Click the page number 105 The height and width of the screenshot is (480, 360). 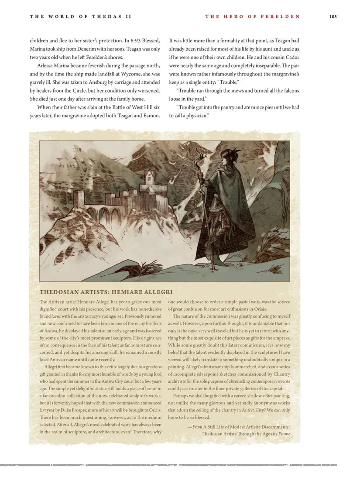click(333, 17)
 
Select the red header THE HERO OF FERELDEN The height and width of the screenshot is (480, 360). click(252, 17)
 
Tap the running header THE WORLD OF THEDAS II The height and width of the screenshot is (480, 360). click(80, 17)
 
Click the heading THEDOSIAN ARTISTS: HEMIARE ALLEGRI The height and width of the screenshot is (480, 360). click(106, 292)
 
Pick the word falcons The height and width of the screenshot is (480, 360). click(289, 91)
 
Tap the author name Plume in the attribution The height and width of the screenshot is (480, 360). click(284, 434)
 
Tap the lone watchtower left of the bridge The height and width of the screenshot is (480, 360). click(79, 200)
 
